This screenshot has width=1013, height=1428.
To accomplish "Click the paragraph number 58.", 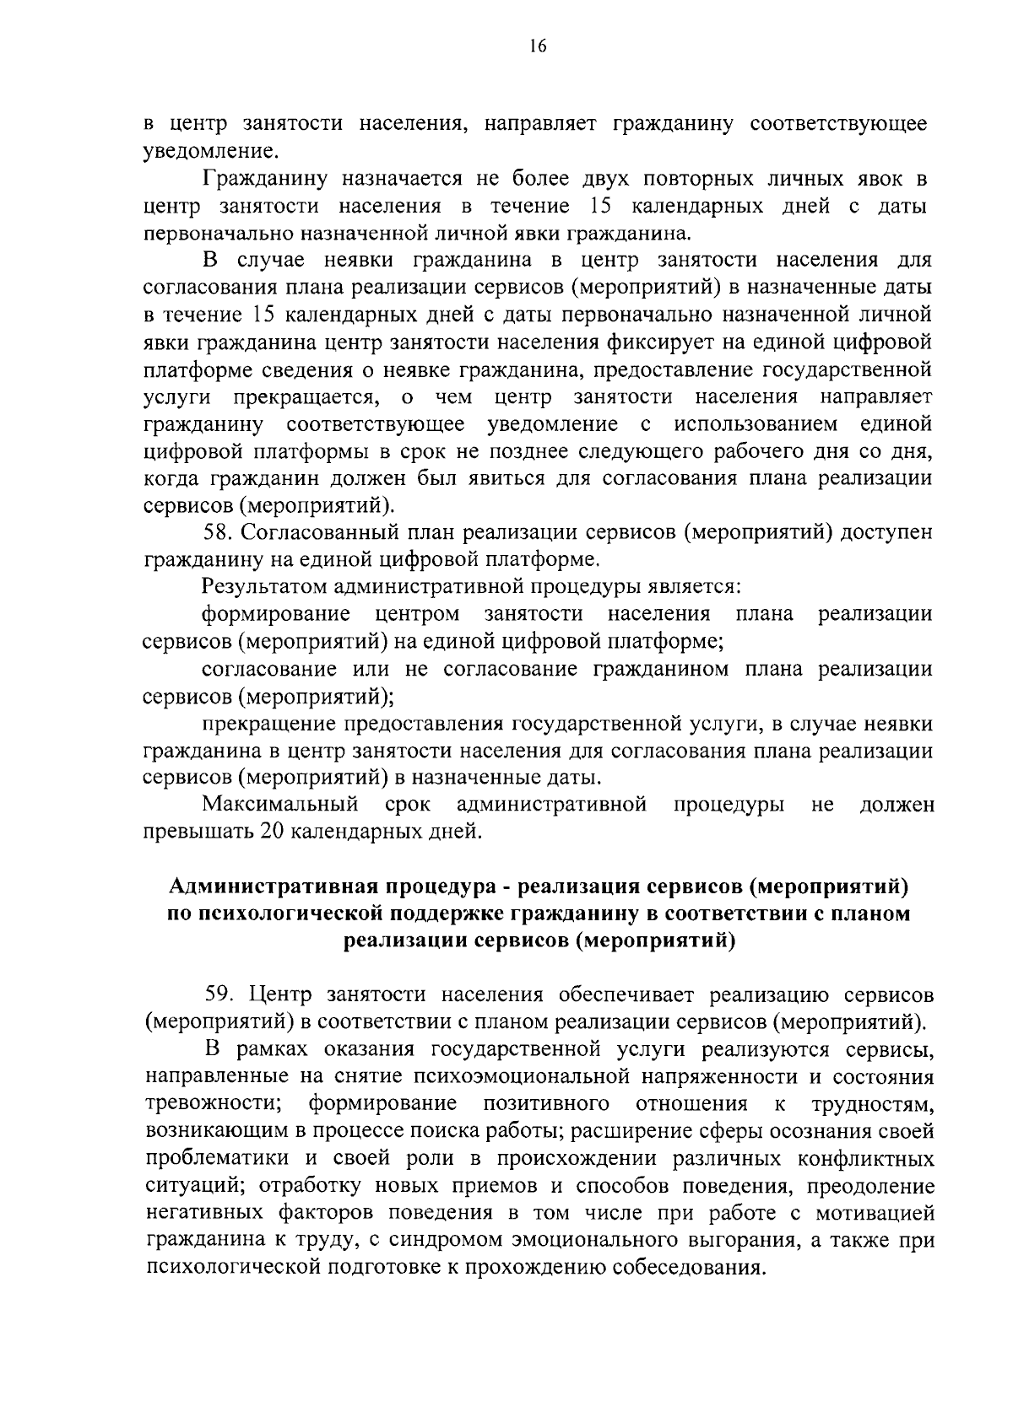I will point(219,532).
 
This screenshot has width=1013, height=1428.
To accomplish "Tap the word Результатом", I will point(264,586).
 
